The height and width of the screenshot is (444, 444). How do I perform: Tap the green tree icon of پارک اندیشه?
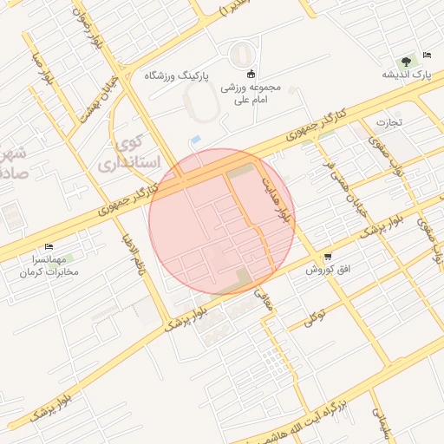click(x=406, y=60)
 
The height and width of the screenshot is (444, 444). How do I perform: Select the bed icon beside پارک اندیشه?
click(x=426, y=55)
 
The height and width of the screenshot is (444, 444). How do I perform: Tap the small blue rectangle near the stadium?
click(x=195, y=140)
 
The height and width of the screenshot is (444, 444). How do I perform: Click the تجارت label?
click(x=388, y=122)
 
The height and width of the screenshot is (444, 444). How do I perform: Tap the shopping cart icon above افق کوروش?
click(x=328, y=257)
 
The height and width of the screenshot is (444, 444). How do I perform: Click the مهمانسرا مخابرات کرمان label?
click(x=50, y=265)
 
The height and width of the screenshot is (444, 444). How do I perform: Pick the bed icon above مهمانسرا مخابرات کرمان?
click(x=49, y=246)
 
